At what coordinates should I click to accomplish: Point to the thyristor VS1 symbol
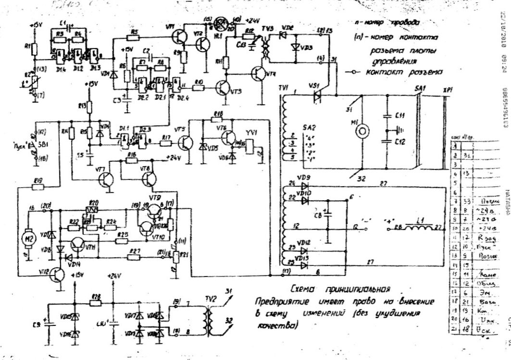(316, 96)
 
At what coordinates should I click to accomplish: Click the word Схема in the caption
(305, 289)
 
